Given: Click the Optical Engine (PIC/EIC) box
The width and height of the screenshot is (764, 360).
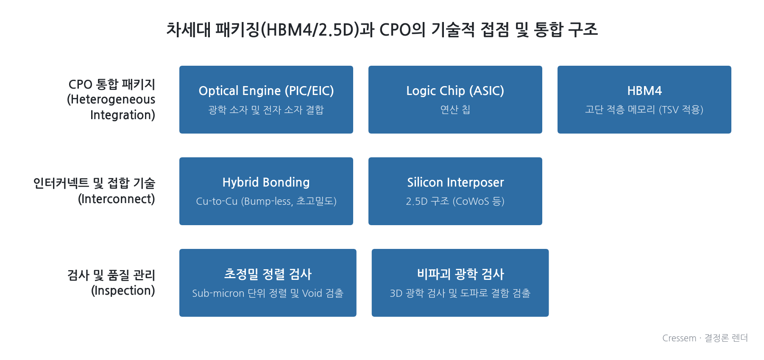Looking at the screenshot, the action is pos(266,100).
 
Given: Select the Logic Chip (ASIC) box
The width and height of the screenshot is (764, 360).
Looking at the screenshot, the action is pos(455,100).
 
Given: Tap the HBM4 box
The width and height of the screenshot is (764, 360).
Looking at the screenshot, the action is pos(644,100).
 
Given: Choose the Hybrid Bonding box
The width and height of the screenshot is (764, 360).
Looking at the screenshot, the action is pos(266,191).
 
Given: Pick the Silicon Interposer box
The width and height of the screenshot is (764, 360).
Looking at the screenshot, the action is pos(455,191).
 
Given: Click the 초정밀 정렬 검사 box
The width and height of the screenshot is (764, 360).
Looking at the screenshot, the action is pos(268,283).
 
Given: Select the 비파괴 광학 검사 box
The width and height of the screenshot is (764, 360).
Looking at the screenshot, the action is pos(460,283).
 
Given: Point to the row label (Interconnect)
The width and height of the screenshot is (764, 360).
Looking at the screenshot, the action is pos(117,199).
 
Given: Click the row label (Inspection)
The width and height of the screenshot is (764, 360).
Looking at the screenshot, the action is pos(123,290).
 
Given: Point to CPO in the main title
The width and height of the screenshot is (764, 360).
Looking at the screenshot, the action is pos(395,30).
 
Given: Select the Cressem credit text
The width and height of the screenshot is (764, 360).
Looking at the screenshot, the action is pos(705,338).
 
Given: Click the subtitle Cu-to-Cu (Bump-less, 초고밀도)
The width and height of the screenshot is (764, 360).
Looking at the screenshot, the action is pos(266,201).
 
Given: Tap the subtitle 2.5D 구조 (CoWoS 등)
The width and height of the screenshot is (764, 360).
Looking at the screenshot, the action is pos(455,201).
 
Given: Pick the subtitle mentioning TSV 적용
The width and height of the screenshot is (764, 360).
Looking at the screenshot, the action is pos(644,109).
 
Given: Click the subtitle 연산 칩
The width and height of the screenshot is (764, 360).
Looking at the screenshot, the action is pos(455,109).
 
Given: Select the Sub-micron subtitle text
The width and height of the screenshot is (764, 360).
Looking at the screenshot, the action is pos(268,293).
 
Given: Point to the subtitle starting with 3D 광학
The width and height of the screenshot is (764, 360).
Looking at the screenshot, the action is pos(460,293).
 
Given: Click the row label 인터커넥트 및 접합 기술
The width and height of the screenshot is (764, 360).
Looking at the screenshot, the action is pos(95,183).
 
